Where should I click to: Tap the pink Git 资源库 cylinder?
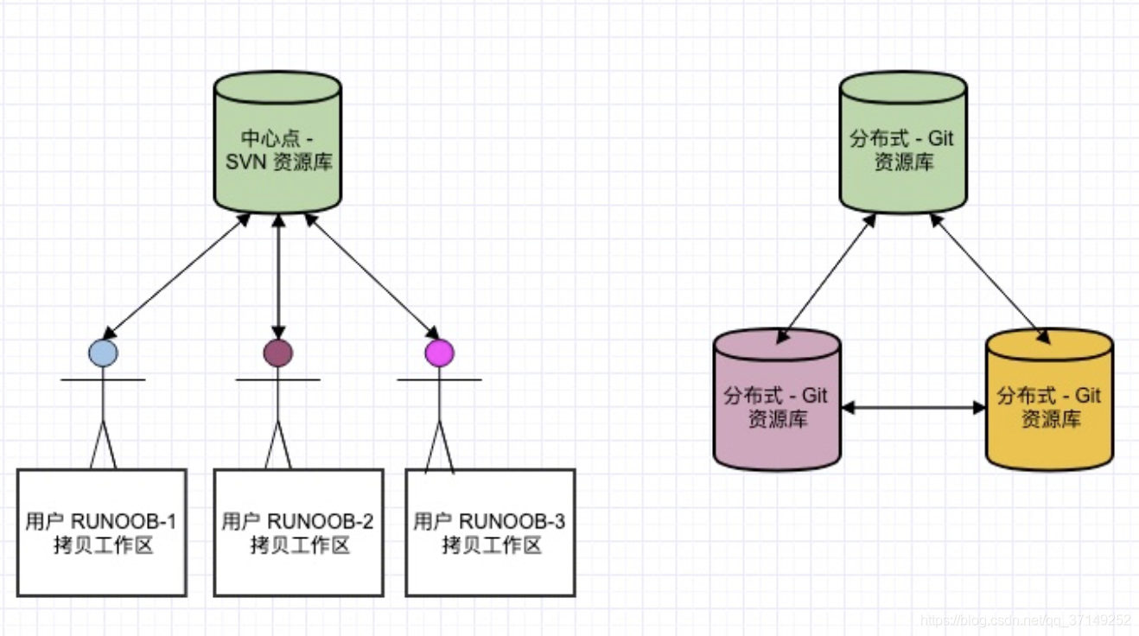[776, 406]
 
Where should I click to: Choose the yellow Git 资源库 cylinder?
[1049, 406]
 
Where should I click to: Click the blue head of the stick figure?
[103, 353]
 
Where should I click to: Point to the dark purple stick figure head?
[277, 353]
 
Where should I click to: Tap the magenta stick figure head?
[439, 353]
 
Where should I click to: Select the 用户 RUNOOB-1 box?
[102, 532]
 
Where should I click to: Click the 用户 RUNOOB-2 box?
[298, 532]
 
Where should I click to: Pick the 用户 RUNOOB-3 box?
[490, 532]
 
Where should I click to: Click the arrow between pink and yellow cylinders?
[913, 407]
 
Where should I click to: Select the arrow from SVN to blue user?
[176, 276]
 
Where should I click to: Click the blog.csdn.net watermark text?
[1026, 620]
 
